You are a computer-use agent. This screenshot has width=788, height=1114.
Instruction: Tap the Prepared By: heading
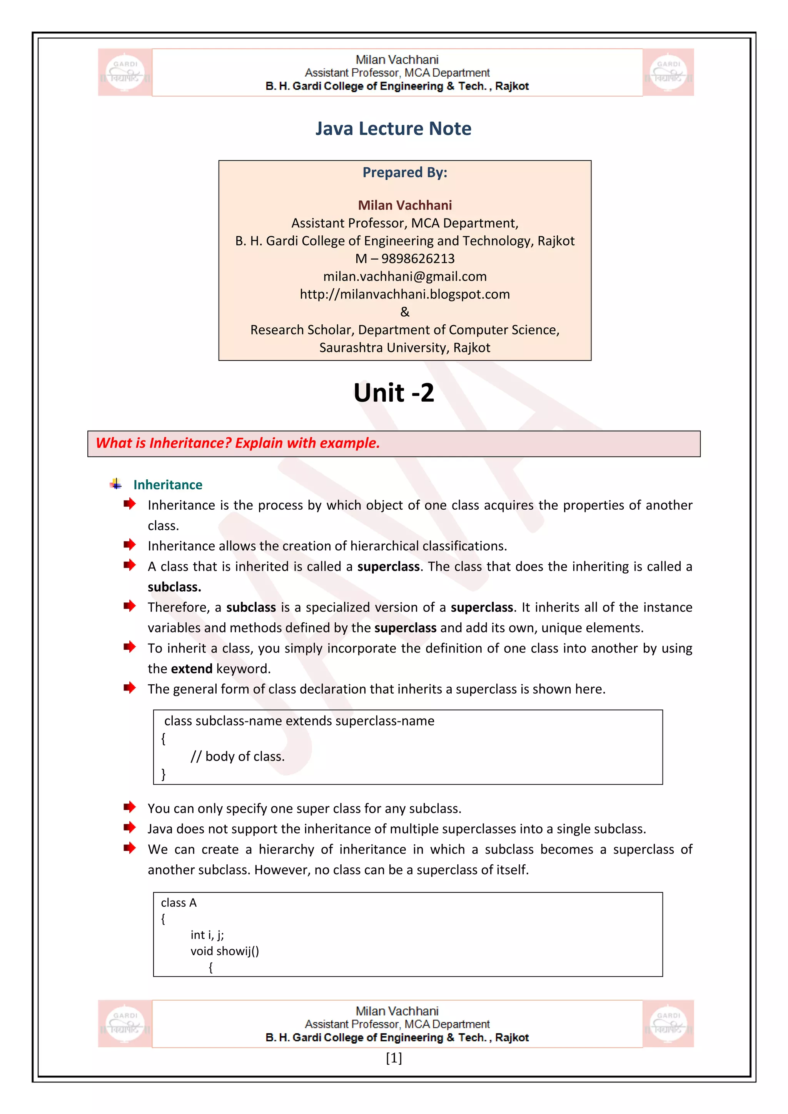[x=405, y=172]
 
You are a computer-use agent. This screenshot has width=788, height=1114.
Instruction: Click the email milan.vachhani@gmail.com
[x=405, y=277]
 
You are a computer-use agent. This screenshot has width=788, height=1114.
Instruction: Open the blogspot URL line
[x=405, y=295]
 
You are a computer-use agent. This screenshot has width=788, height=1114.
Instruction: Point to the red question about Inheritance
[x=238, y=443]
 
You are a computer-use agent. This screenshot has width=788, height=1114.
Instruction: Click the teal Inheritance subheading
[x=167, y=485]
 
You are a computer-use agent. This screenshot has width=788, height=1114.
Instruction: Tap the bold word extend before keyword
[x=192, y=669]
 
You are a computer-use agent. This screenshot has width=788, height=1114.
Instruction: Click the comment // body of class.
[x=237, y=756]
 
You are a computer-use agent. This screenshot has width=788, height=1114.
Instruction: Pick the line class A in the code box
[x=179, y=903]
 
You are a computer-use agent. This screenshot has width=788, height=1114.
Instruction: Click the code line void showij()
[x=225, y=951]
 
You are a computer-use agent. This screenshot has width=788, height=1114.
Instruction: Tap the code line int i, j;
[x=207, y=935]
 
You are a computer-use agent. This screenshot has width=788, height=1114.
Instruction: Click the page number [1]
[x=394, y=1058]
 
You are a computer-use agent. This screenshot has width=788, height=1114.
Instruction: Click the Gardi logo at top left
[x=125, y=72]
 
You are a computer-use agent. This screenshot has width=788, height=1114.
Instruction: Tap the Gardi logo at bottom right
[x=668, y=1024]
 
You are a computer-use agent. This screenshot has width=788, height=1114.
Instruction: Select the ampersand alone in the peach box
[x=405, y=312]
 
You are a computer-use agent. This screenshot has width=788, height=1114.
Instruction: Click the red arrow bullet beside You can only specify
[x=129, y=807]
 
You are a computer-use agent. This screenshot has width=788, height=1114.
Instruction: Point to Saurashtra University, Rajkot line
[x=405, y=348]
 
